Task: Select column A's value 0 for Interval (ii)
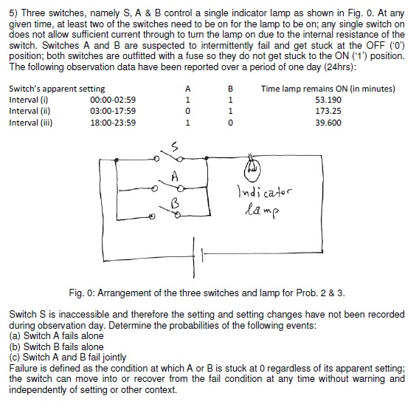(x=189, y=111)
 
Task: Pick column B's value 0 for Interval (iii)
(x=231, y=123)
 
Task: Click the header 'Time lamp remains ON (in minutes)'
(x=328, y=89)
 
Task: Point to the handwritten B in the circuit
(x=175, y=201)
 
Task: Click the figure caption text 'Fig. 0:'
(x=81, y=290)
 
